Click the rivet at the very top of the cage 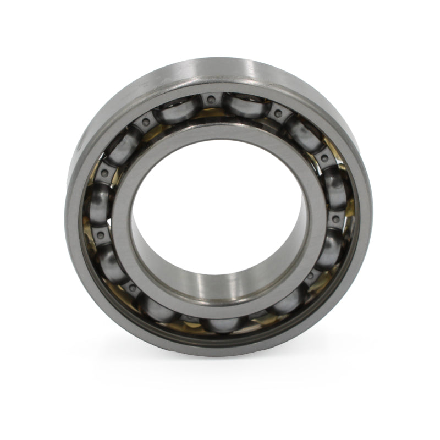210,99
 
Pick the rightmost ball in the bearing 335,187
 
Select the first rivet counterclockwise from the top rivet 146,122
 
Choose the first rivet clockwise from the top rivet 278,114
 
